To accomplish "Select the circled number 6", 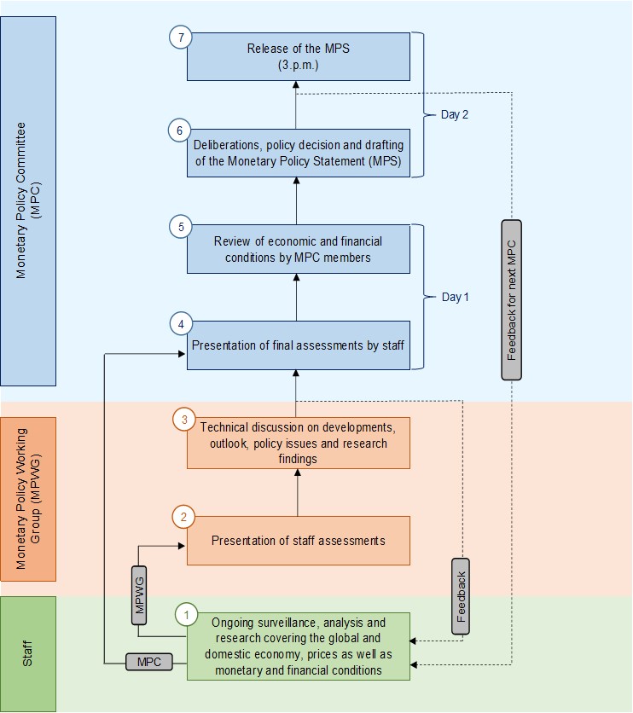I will (x=178, y=130).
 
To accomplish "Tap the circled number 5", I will (x=181, y=227).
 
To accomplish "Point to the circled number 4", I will (x=181, y=324).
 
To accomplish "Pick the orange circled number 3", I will (x=183, y=419).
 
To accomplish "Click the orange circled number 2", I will (x=183, y=517).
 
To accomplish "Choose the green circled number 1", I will (x=187, y=614).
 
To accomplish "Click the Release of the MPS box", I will (x=299, y=57).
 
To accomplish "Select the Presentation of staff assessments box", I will (x=299, y=541).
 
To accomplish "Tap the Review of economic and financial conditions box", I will (x=299, y=249).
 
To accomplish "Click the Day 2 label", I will (x=455, y=114).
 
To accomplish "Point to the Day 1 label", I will (x=455, y=297).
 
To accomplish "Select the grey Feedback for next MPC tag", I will (x=511, y=299).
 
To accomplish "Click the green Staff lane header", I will (x=28, y=653).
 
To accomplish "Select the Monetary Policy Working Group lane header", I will (x=28, y=499).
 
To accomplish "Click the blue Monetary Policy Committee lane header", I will (x=28, y=201).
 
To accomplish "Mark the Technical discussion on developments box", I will (x=299, y=443).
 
